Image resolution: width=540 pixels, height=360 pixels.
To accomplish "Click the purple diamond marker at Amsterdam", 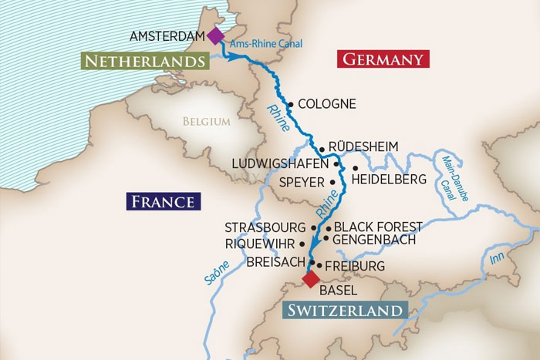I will pyautogui.click(x=215, y=35).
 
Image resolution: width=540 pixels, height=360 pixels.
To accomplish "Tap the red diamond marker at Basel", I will pyautogui.click(x=310, y=278).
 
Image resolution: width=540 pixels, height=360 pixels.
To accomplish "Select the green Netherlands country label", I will pyautogui.click(x=145, y=61).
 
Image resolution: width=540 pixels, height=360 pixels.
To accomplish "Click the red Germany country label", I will pyautogui.click(x=383, y=59).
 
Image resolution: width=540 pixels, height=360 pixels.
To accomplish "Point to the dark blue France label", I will pyautogui.click(x=163, y=202).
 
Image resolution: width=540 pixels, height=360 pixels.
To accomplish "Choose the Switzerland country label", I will pyautogui.click(x=344, y=311).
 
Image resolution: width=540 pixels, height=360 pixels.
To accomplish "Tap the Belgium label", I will pyautogui.click(x=206, y=121).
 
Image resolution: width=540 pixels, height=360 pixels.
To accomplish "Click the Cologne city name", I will pyautogui.click(x=326, y=104).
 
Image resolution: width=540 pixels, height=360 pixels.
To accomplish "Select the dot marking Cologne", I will pyautogui.click(x=290, y=104).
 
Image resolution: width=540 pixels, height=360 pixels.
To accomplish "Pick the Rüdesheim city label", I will pyautogui.click(x=363, y=146).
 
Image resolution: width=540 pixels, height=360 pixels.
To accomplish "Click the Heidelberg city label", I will pyautogui.click(x=388, y=180).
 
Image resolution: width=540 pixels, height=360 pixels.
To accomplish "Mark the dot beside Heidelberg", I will pyautogui.click(x=355, y=168).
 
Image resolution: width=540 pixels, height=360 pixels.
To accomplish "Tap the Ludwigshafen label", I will pyautogui.click(x=283, y=164).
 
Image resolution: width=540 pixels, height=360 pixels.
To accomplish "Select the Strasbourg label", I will pyautogui.click(x=265, y=228).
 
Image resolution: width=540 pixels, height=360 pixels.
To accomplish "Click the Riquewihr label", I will pyautogui.click(x=260, y=244).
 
